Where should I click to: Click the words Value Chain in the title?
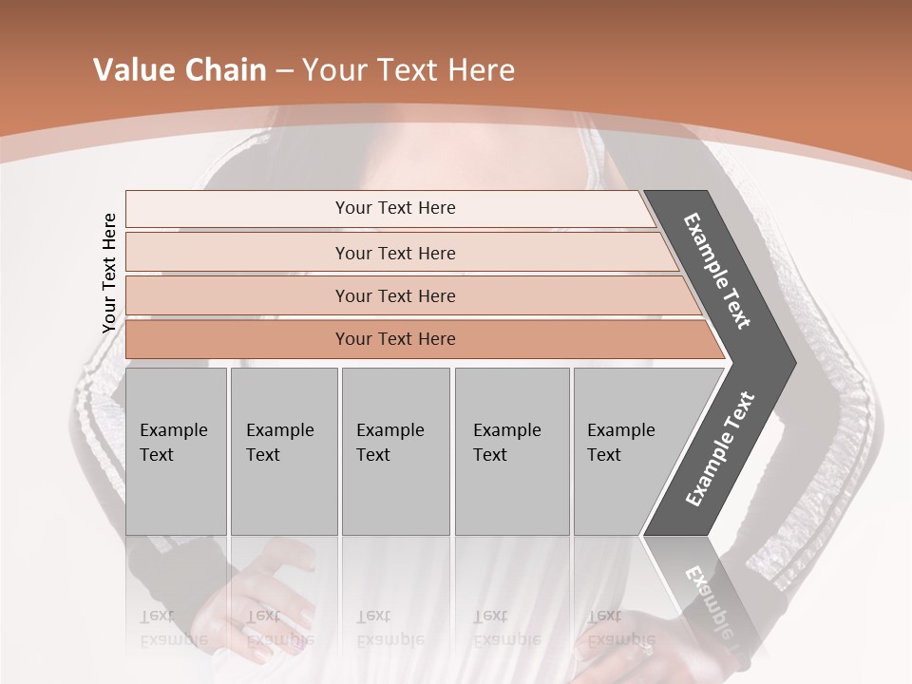(x=180, y=70)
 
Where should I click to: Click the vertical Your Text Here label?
(x=109, y=273)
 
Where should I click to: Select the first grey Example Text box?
(x=176, y=450)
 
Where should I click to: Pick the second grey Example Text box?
(x=283, y=450)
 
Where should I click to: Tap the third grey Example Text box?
(x=395, y=450)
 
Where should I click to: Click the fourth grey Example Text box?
(x=511, y=450)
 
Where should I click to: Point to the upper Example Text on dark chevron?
(x=717, y=271)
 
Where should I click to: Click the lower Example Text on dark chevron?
(x=719, y=448)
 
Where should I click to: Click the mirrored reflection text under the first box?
(x=173, y=627)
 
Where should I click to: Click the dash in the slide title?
(x=284, y=70)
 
